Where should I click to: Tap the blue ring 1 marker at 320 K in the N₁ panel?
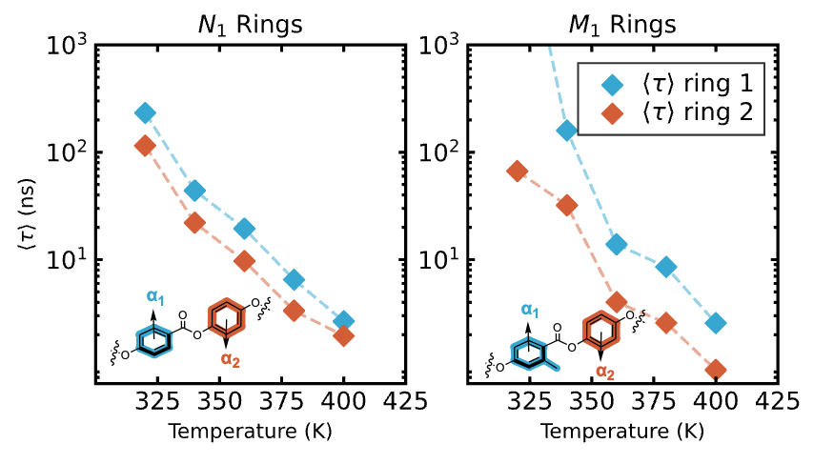click(x=145, y=112)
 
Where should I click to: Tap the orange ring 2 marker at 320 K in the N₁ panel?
click(x=145, y=146)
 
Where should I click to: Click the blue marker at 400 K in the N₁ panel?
click(x=344, y=321)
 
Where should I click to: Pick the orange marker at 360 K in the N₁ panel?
click(x=245, y=260)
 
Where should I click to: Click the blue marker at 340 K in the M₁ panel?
click(x=567, y=131)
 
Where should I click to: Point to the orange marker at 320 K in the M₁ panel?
click(x=518, y=171)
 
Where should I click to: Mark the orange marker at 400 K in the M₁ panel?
click(x=716, y=369)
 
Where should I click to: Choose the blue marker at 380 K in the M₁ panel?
click(x=666, y=267)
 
